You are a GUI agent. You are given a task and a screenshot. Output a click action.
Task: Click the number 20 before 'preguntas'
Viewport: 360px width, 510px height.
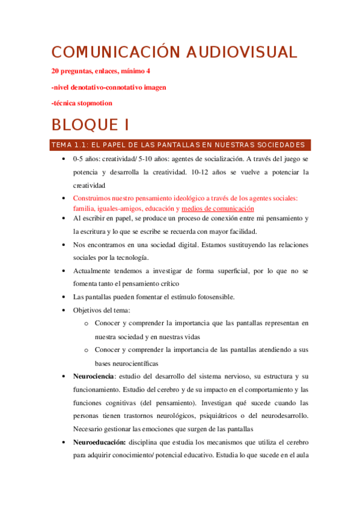tap(56, 71)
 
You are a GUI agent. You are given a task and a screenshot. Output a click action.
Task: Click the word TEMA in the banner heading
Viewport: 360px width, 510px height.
tap(61, 145)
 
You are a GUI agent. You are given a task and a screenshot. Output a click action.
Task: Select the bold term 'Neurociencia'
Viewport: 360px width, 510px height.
tap(93, 376)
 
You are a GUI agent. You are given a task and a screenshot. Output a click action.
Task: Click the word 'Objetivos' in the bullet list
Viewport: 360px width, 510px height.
tap(87, 310)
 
